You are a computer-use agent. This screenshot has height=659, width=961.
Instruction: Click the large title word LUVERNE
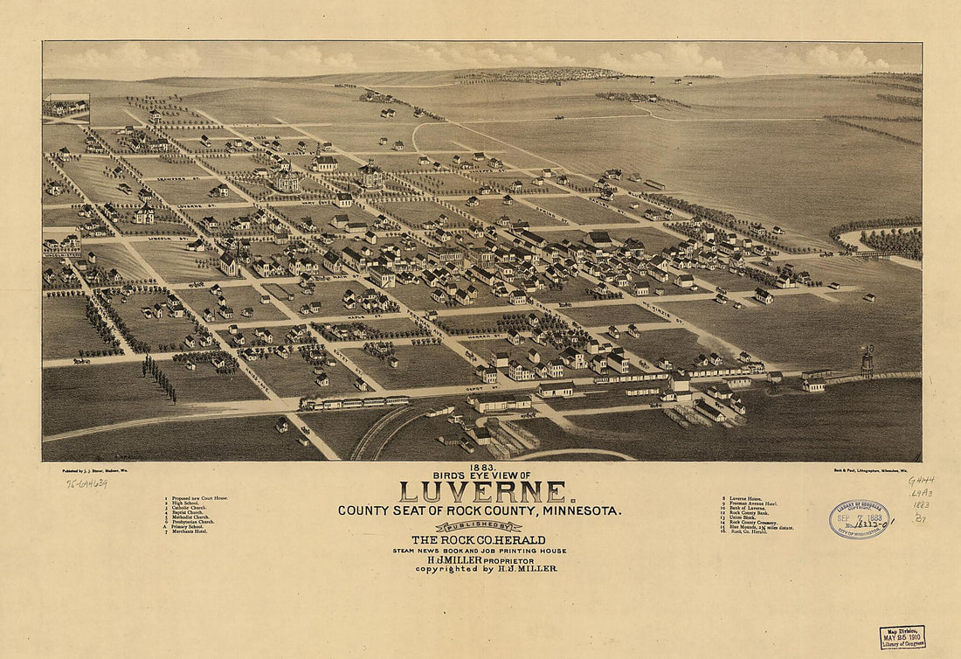(x=482, y=492)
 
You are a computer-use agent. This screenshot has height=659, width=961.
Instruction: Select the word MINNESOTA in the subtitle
(x=582, y=510)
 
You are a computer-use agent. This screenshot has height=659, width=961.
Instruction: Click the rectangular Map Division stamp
(x=902, y=636)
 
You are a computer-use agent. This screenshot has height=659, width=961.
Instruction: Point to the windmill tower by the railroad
(x=868, y=360)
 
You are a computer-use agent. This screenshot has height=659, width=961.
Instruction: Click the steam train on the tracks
(x=354, y=402)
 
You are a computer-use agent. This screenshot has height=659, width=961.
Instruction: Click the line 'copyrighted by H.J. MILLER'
(x=486, y=569)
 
